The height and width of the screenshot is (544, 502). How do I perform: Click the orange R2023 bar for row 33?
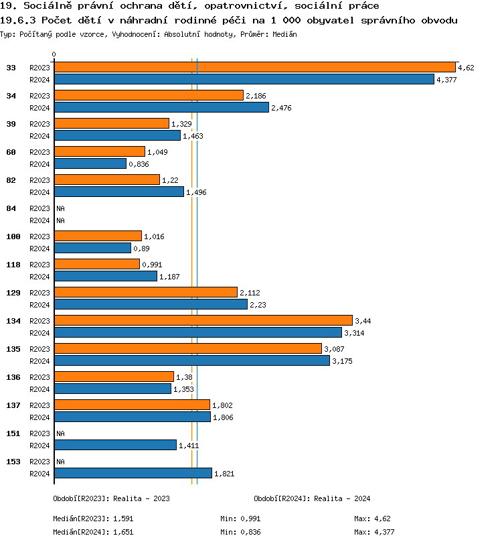click(x=254, y=67)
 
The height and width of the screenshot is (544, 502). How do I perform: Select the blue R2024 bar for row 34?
click(x=161, y=107)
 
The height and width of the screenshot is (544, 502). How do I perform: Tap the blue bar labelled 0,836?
click(x=90, y=163)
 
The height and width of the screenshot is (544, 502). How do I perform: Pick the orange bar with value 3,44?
click(x=203, y=320)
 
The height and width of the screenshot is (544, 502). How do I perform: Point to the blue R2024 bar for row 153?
click(x=133, y=473)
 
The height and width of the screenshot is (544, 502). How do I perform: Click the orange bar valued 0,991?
click(x=96, y=264)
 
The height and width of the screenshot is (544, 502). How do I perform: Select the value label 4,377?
click(x=446, y=80)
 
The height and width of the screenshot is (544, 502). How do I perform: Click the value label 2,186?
click(x=256, y=96)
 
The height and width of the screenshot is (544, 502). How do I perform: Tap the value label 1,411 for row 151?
click(x=189, y=446)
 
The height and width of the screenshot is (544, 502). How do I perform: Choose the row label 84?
click(x=11, y=208)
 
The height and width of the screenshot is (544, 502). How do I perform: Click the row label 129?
click(x=13, y=293)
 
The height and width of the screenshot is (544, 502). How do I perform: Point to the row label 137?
click(x=13, y=405)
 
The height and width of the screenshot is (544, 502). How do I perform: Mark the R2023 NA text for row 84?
click(x=60, y=208)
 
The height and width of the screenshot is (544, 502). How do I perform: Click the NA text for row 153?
click(x=60, y=462)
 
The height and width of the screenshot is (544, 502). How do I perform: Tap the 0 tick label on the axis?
click(x=54, y=54)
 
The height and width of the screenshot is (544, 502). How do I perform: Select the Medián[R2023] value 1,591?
click(x=123, y=519)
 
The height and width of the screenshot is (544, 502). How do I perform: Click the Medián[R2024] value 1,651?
click(x=123, y=533)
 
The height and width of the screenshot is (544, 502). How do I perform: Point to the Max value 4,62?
click(x=382, y=519)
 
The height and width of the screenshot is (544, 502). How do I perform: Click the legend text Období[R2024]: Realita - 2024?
click(x=312, y=498)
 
